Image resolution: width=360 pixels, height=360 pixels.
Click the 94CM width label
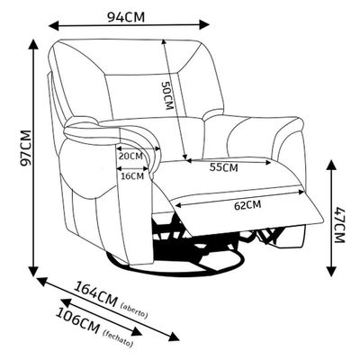click(126, 17)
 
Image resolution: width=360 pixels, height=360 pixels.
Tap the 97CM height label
click(25, 148)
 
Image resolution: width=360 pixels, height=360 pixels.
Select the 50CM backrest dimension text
click(167, 95)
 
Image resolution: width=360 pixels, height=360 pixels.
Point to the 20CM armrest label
click(130, 157)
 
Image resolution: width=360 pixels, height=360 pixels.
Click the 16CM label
click(132, 176)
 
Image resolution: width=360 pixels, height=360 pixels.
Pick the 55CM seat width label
click(224, 167)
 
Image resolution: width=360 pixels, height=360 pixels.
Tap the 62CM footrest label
click(247, 205)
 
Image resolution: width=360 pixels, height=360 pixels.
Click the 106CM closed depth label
click(77, 320)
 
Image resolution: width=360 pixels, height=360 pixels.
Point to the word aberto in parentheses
click(134, 310)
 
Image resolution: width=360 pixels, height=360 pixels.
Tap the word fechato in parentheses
click(118, 338)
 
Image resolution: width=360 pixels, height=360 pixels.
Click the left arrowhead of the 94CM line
click(53, 25)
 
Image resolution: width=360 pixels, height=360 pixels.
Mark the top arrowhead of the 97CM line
click(33, 44)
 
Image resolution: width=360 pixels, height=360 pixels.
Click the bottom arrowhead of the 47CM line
click(331, 271)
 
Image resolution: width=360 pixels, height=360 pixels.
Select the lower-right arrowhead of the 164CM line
click(175, 336)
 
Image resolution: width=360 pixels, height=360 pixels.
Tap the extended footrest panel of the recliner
click(249, 210)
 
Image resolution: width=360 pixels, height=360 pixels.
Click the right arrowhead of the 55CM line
click(267, 162)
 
